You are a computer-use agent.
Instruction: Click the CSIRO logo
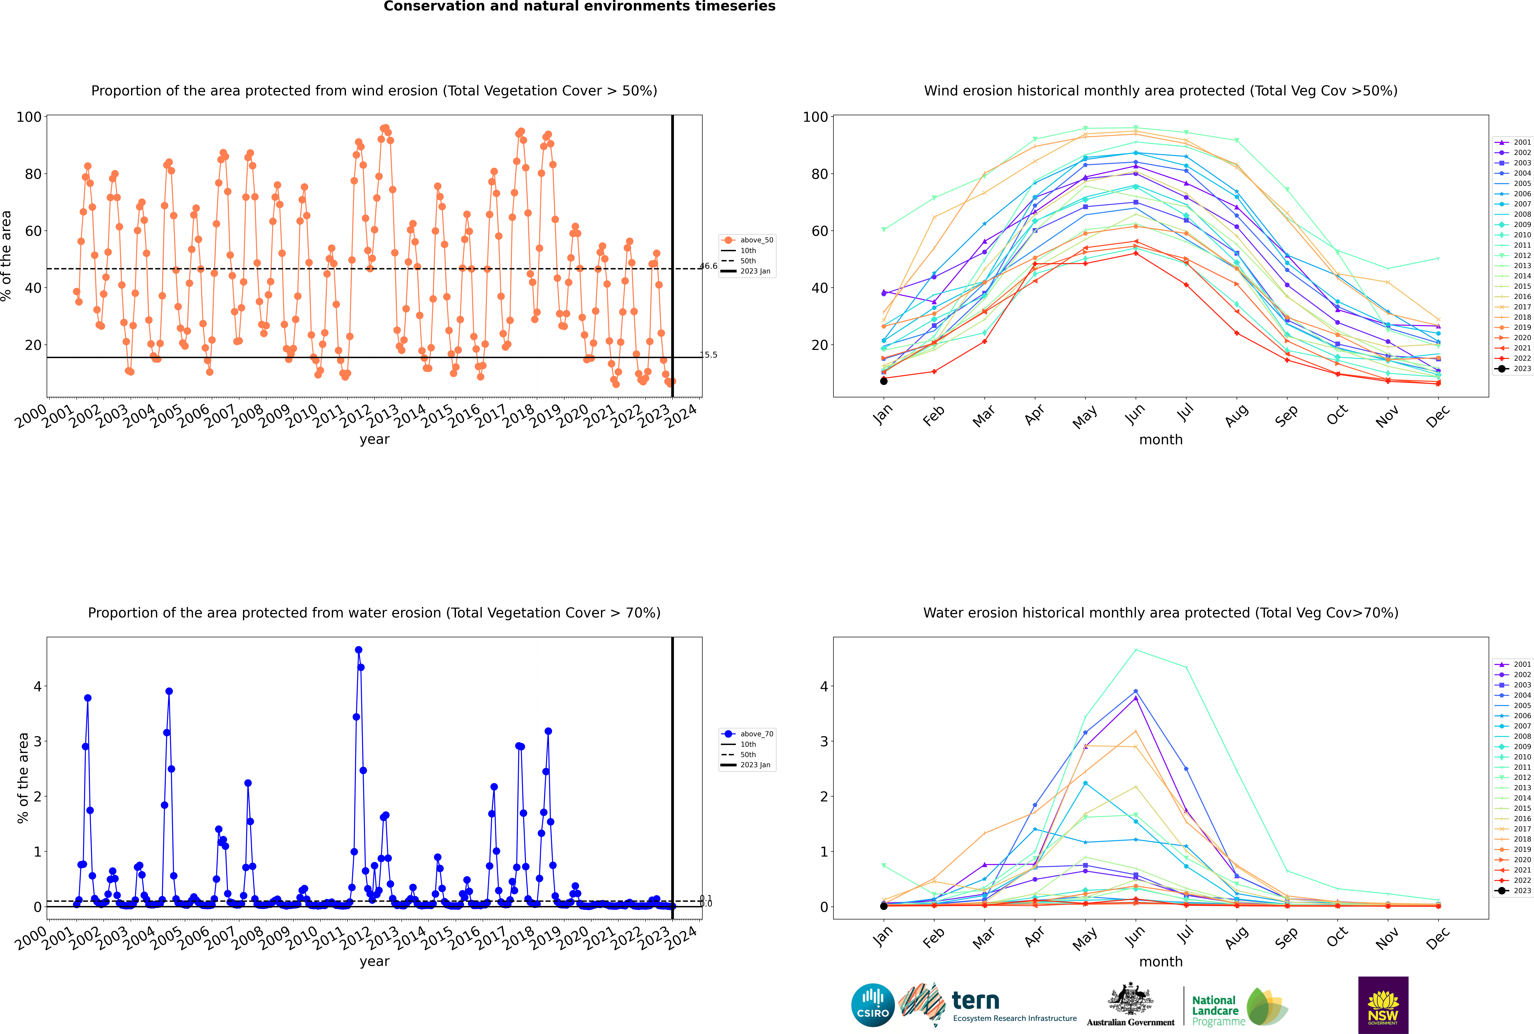(872, 1005)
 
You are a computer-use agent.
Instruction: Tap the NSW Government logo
(1383, 1004)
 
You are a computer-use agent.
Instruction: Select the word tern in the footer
(975, 1001)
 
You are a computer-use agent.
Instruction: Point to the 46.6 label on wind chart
(708, 266)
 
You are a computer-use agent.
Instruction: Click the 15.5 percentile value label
(708, 355)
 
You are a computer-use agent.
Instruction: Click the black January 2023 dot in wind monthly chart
(884, 381)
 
